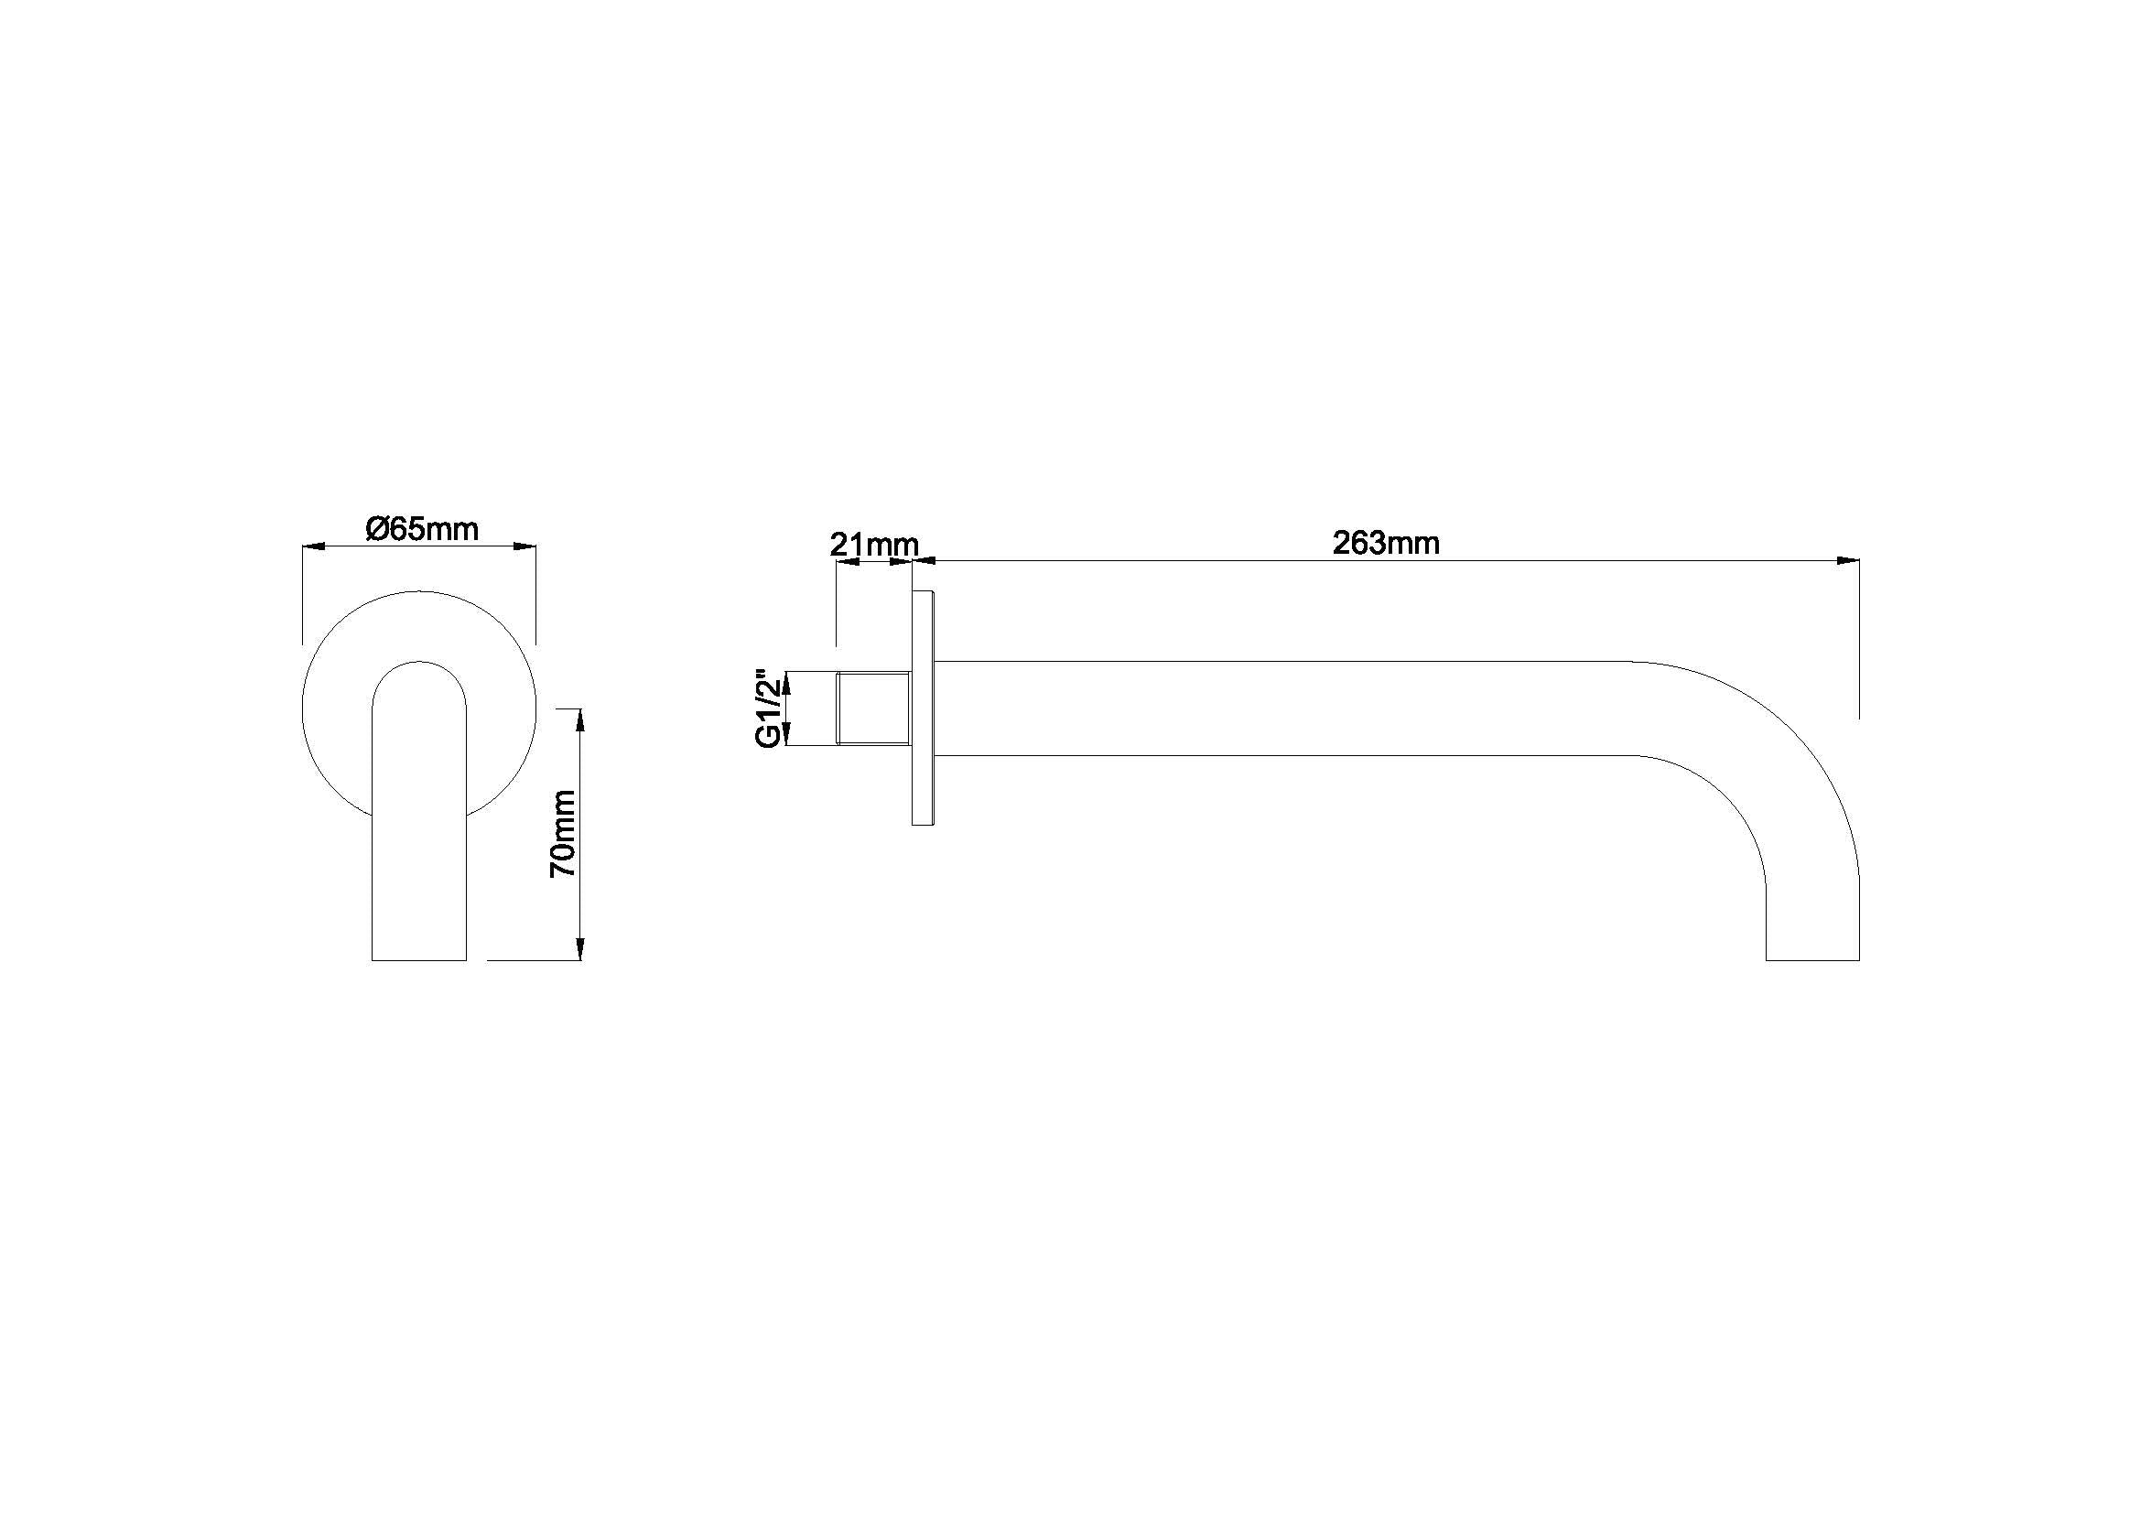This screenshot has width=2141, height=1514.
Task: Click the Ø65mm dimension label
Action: click(422, 529)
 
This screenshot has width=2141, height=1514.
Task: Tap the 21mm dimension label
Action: click(874, 545)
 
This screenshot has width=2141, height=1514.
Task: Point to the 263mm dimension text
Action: click(1386, 543)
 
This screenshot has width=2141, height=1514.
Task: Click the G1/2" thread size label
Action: click(766, 707)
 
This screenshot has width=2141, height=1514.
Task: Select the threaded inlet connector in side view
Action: click(874, 708)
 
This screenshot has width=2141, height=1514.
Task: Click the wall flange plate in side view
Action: click(923, 708)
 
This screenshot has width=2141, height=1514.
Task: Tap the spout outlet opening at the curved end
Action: click(1811, 959)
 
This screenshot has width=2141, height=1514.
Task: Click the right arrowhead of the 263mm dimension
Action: click(1847, 560)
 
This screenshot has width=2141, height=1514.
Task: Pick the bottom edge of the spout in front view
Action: click(418, 959)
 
